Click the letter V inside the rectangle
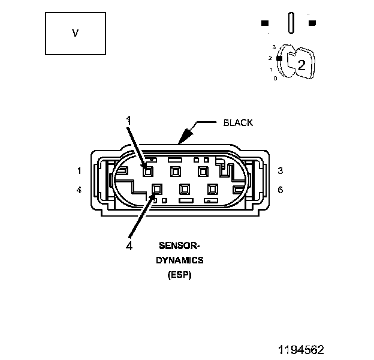pos(75,33)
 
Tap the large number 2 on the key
pos(301,65)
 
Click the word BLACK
pos(238,123)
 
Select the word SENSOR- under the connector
pos(179,245)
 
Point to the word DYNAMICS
pos(180,260)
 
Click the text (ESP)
pos(180,275)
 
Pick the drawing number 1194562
pos(301,350)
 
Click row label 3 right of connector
pos(280,170)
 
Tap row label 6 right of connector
pos(280,190)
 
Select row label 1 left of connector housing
pos(79,170)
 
